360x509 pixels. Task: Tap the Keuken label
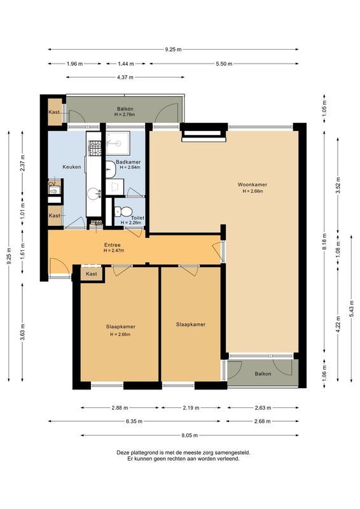[x=71, y=167]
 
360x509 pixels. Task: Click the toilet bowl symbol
[x=125, y=212]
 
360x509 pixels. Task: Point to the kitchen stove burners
[x=94, y=148]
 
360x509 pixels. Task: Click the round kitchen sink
[x=93, y=193]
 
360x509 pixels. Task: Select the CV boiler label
[x=52, y=183]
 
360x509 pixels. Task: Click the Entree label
[x=113, y=245]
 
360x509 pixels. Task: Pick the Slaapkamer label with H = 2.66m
[x=120, y=326]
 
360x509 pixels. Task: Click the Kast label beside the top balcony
[x=54, y=112]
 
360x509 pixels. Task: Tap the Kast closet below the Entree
[x=92, y=274]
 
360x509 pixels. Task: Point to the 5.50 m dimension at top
[x=224, y=64]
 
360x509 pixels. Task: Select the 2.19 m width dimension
[x=190, y=408]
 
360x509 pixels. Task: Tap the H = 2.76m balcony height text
[x=125, y=115]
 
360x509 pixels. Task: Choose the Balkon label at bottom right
[x=263, y=373]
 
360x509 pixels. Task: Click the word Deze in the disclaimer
[x=123, y=452]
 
